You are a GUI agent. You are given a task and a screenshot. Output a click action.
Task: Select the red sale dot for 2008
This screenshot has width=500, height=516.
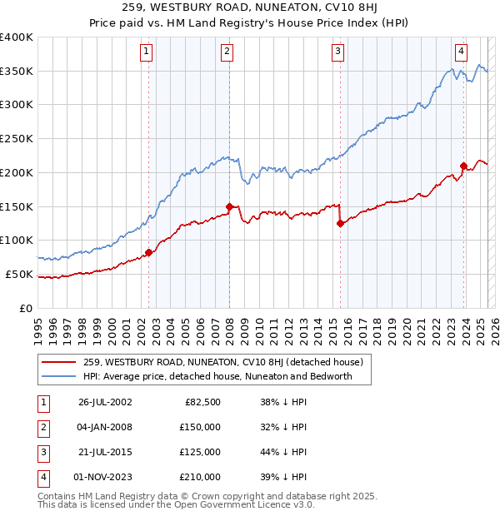(x=230, y=206)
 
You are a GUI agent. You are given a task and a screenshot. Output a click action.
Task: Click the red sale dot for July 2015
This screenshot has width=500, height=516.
(x=340, y=223)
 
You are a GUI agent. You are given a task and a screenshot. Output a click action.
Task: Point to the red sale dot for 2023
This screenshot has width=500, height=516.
(x=463, y=165)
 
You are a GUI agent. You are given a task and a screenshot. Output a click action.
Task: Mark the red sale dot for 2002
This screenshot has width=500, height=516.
(x=149, y=252)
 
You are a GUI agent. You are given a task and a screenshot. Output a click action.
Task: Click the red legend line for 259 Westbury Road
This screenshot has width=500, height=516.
(x=58, y=362)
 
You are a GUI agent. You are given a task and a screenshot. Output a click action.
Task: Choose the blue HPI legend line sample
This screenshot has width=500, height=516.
(x=58, y=376)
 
